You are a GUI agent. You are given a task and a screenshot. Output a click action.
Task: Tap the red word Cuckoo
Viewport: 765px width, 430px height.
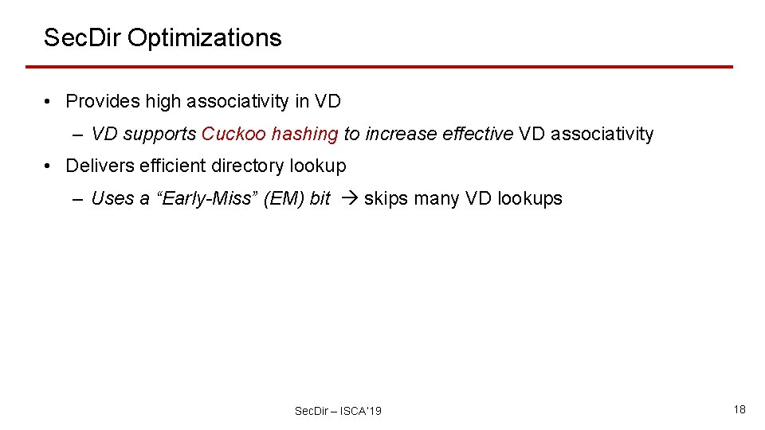click(233, 134)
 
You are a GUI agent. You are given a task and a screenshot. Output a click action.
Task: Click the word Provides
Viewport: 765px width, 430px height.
click(98, 101)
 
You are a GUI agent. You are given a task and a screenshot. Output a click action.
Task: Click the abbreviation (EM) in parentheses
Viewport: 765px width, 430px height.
click(284, 198)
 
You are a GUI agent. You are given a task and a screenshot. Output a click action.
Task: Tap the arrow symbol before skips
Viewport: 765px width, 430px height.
click(348, 198)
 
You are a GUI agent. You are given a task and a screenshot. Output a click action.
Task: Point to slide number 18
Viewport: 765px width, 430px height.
click(739, 409)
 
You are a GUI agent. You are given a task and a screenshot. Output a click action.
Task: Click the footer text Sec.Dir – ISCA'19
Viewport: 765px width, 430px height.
click(338, 411)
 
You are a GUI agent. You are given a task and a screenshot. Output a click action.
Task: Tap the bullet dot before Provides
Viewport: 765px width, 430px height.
click(49, 101)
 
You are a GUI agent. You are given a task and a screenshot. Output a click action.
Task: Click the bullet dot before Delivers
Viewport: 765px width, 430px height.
click(49, 166)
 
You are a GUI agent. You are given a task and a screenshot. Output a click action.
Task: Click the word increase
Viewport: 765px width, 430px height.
click(394, 134)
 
